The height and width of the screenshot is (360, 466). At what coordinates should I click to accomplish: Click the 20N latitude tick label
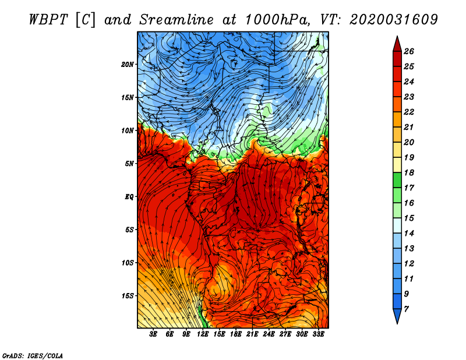point(128,64)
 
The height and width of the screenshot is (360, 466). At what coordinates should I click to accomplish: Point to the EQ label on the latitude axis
point(129,196)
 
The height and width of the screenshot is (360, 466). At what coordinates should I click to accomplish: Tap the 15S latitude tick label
point(128,296)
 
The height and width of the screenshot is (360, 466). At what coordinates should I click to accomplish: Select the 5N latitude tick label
point(129,164)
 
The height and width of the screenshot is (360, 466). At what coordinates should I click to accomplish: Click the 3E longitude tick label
point(153,334)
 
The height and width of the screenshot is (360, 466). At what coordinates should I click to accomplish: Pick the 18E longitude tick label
point(236,334)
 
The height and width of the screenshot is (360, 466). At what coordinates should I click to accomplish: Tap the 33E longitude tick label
point(318,334)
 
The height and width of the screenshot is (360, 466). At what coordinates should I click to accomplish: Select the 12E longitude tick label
point(203,334)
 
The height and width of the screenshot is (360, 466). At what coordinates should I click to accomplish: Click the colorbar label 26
point(409,51)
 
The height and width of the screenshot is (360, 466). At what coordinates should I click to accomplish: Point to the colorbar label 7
point(406,309)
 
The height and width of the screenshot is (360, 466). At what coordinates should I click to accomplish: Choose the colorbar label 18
point(409,172)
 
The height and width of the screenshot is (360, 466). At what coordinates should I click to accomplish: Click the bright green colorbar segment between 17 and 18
point(397,180)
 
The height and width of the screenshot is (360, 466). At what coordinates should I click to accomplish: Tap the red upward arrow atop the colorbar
point(397,44)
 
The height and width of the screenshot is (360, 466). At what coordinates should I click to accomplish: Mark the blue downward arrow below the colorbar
point(397,316)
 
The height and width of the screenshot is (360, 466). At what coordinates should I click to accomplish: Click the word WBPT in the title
point(48,20)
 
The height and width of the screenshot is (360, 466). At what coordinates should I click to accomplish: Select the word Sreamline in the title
point(176,20)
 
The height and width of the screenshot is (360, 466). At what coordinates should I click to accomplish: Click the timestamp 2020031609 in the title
point(394,20)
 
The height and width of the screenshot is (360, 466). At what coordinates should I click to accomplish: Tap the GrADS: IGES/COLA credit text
point(32,355)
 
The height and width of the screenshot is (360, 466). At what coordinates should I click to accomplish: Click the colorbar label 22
point(409,112)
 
